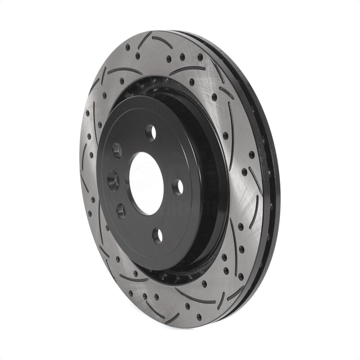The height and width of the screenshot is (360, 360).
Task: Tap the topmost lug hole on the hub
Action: (x=152, y=131)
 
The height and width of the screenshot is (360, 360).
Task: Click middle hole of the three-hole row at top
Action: (x=182, y=57)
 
